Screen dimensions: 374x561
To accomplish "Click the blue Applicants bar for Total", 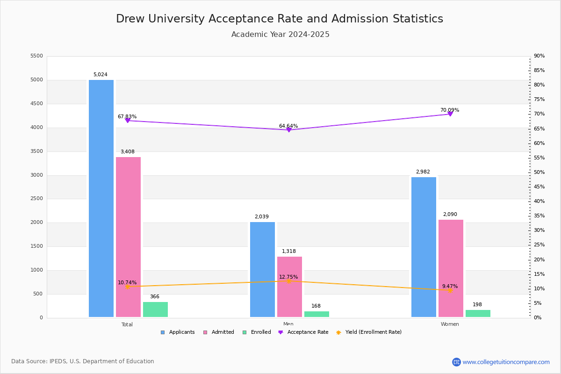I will [101, 199].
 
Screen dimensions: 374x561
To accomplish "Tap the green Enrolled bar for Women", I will [478, 314].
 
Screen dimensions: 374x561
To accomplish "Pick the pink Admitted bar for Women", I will [451, 268].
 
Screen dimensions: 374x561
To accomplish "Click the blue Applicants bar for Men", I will [262, 270].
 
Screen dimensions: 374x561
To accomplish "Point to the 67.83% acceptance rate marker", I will [127, 121].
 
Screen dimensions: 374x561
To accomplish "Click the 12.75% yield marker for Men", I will [288, 281].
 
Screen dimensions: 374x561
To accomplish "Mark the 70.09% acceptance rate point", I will [450, 114].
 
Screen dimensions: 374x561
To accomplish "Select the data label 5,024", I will [100, 75].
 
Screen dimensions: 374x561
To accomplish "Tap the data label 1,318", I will [288, 252].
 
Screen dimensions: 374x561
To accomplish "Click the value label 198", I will [477, 305].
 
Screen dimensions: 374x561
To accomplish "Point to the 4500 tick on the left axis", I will [36, 104].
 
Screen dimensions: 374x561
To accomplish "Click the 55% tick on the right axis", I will [539, 158].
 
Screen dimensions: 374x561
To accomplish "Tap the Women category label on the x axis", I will [449, 324].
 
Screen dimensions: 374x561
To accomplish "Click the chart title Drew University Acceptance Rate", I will [280, 19].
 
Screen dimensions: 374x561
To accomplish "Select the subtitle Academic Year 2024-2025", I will [280, 35].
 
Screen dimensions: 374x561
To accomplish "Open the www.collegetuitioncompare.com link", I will [506, 362].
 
